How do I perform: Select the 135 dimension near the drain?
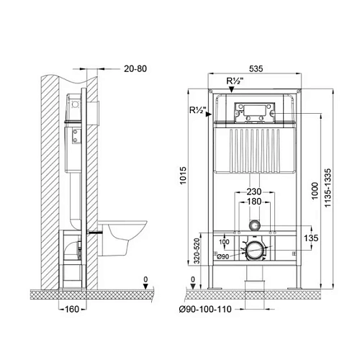tap(310, 238)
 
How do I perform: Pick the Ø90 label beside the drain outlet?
tap(224, 257)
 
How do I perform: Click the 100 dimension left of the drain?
tap(222, 243)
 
